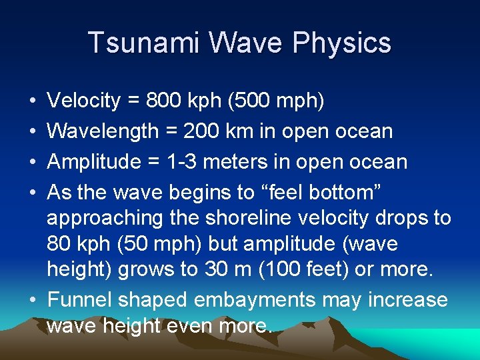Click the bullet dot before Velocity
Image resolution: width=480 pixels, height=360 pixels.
33,101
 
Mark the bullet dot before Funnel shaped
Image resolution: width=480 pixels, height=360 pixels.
33,300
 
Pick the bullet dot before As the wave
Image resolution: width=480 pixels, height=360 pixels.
33,193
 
